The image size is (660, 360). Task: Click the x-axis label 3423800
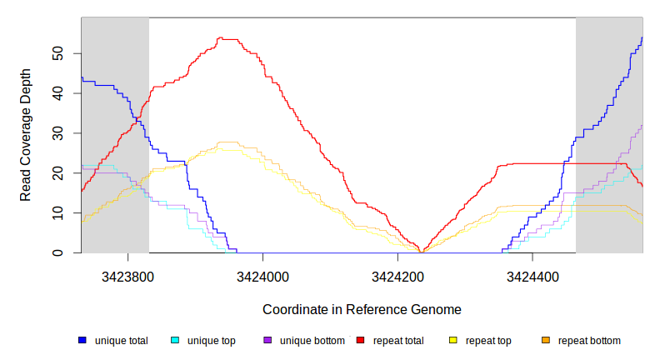pos(127,274)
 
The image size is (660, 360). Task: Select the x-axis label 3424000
pos(262,274)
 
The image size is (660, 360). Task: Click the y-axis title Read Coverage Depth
pos(26,135)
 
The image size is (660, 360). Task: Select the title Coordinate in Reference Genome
pos(362,309)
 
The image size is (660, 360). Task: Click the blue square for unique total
pos(82,341)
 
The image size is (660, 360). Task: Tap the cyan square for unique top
pos(175,341)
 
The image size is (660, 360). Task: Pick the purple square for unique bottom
pos(267,341)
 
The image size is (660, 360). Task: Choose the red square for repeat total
pos(360,341)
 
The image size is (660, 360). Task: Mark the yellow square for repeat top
pos(453,341)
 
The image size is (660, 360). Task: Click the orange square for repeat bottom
pos(546,341)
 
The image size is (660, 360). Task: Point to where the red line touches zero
pos(422,252)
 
